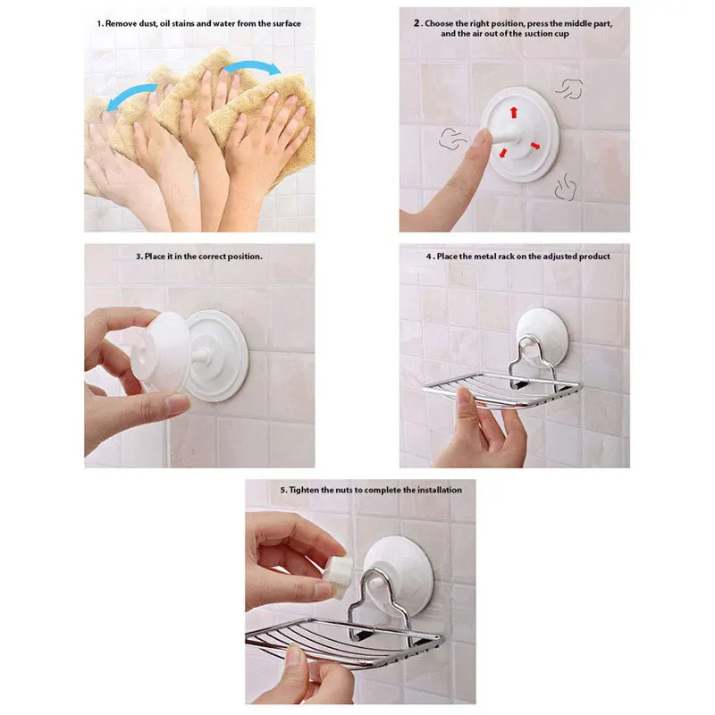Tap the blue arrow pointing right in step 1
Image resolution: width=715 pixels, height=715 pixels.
[x=251, y=65]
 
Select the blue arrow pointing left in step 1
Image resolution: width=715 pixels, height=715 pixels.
[x=131, y=96]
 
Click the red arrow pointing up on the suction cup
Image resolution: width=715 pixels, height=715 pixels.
[x=514, y=113]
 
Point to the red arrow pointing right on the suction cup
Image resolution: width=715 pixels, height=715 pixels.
[x=534, y=146]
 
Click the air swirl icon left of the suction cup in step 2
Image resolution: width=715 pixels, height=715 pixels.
[x=452, y=139]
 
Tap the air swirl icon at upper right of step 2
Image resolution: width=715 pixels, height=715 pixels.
[x=569, y=88]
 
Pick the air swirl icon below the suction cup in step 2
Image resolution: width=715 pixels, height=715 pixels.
[x=566, y=187]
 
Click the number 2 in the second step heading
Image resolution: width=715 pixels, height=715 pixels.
[x=416, y=23]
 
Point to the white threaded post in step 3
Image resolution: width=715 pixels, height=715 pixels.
[x=200, y=355]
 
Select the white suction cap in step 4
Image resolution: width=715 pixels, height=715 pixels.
[x=543, y=336]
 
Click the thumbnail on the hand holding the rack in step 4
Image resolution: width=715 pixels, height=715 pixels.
[x=465, y=397]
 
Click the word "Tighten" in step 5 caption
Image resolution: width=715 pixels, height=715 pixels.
[x=305, y=490]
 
